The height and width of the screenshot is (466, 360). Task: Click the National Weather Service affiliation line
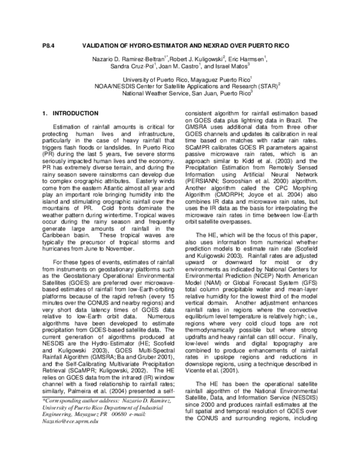(x=178, y=94)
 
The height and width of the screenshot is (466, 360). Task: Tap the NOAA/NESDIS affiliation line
(x=179, y=86)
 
